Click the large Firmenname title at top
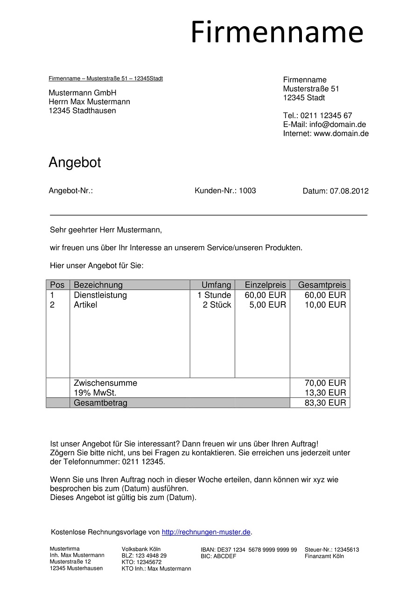click(x=277, y=33)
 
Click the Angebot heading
click(x=75, y=163)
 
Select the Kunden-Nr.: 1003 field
click(x=225, y=191)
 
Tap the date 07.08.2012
click(x=349, y=191)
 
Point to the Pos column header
click(x=57, y=285)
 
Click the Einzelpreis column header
click(x=265, y=285)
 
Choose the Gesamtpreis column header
click(x=322, y=285)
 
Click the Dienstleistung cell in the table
click(x=100, y=295)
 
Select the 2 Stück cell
click(x=217, y=305)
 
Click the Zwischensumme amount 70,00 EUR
click(x=325, y=383)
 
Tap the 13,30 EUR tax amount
click(x=325, y=393)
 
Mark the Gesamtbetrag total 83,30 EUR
click(x=325, y=403)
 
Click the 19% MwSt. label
click(x=95, y=393)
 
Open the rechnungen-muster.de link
click(x=206, y=532)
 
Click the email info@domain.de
click(x=337, y=124)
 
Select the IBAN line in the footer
click(x=249, y=550)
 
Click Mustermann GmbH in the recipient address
click(x=82, y=93)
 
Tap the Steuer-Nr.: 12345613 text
click(x=332, y=550)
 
